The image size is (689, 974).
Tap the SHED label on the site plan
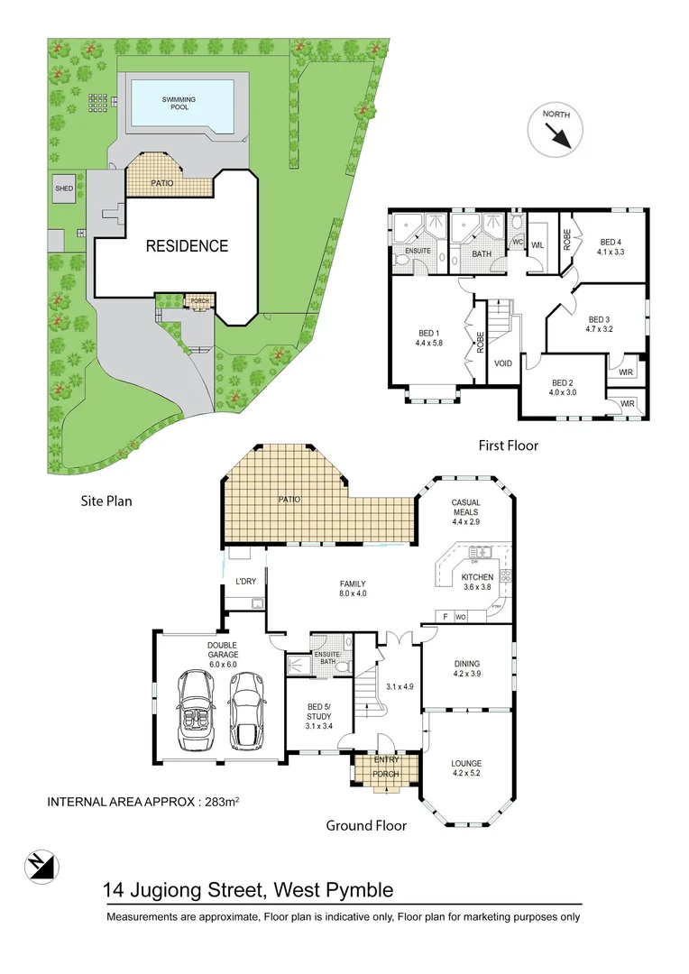(x=64, y=188)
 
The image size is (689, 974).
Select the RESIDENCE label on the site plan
(x=187, y=245)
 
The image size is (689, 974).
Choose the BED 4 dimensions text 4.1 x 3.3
(x=610, y=252)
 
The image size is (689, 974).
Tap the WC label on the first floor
(x=518, y=242)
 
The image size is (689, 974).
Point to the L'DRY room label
(x=245, y=582)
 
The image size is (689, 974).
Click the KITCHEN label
(x=478, y=576)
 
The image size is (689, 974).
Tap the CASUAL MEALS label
(x=465, y=508)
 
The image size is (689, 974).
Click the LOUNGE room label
(x=466, y=763)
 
